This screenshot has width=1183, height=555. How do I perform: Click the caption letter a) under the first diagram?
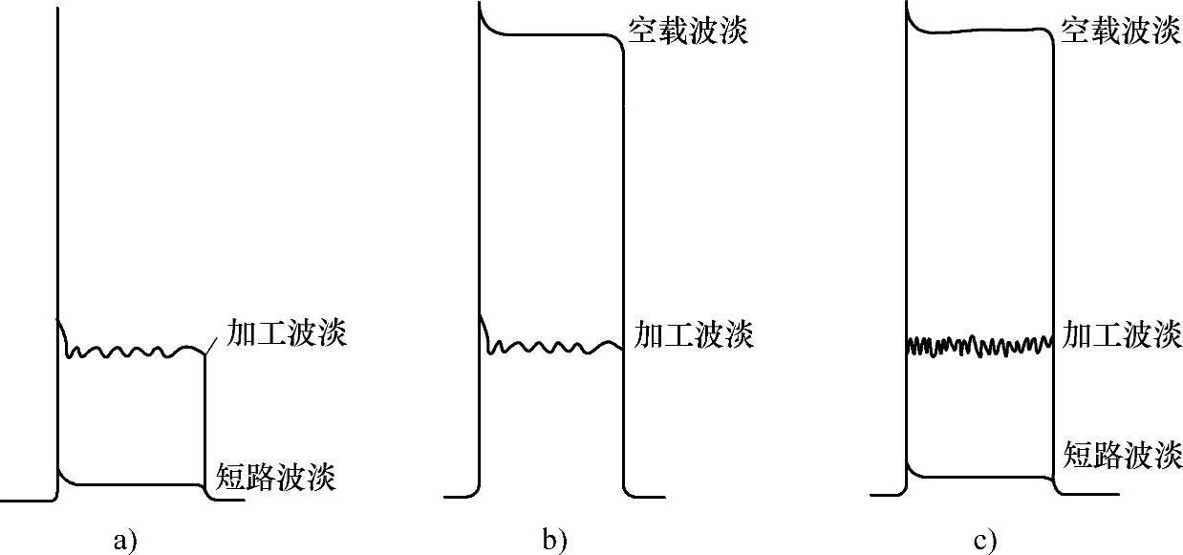tap(125, 542)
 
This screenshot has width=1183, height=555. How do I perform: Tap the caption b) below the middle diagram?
tap(554, 542)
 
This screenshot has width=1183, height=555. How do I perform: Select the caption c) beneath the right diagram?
tap(985, 542)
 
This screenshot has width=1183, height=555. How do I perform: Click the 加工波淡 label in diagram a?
tap(286, 333)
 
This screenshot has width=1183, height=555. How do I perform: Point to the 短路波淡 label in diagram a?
tap(277, 476)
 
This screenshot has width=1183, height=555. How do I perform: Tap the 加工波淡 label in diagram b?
tap(694, 334)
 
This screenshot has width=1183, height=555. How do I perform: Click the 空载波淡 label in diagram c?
tap(1121, 32)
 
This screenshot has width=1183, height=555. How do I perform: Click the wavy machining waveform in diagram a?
tap(134, 352)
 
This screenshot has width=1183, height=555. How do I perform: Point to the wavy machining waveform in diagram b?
tap(554, 346)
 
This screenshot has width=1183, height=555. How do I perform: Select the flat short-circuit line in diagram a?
tap(134, 484)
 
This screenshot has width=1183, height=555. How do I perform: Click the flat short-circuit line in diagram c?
tap(979, 475)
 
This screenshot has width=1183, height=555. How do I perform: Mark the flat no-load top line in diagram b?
tap(554, 35)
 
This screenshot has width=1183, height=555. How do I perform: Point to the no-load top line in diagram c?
tap(979, 32)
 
